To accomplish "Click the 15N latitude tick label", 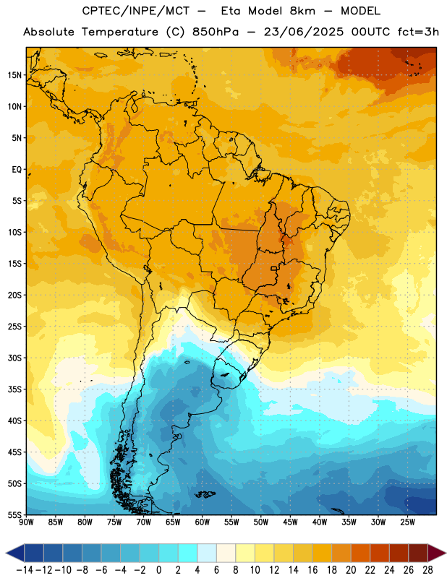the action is point(14,75).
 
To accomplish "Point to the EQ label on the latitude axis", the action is point(17,170).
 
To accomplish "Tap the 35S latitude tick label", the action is point(14,389).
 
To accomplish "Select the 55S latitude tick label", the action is point(14,514).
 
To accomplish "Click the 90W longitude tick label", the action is point(27,522).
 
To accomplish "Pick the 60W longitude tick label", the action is point(203,522).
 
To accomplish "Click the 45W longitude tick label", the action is point(290,522).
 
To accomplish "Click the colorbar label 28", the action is point(427,570).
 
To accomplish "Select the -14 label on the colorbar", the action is point(25,570).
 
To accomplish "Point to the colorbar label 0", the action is point(159,570).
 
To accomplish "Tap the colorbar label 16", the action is point(312,570).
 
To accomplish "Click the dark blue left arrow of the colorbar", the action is point(15,553).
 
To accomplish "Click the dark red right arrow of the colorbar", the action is point(437,553).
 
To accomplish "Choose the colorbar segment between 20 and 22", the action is point(361,553).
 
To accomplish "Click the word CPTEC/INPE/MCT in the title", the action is point(135,11).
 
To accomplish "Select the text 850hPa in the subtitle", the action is point(216,32).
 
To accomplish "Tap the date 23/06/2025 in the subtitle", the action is point(303,32).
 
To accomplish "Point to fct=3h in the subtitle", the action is point(418,32).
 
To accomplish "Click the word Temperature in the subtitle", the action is point(120,32).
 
